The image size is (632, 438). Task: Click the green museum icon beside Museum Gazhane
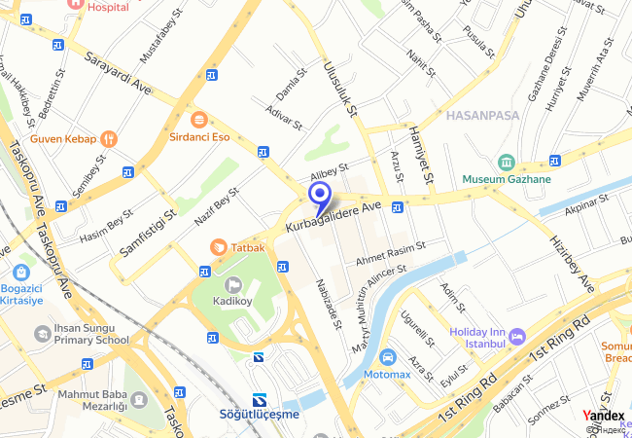506,162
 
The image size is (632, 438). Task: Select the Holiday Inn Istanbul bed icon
517,336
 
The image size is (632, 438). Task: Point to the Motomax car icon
388,357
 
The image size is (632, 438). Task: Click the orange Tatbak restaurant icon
219,247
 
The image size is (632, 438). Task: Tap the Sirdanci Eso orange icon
199,120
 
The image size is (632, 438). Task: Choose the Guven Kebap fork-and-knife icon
108,138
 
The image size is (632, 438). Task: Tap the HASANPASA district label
482,115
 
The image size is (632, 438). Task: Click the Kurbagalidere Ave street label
334,217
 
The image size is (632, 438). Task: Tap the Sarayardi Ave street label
118,72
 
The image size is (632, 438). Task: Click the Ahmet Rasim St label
391,252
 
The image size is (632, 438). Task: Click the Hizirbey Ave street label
572,264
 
